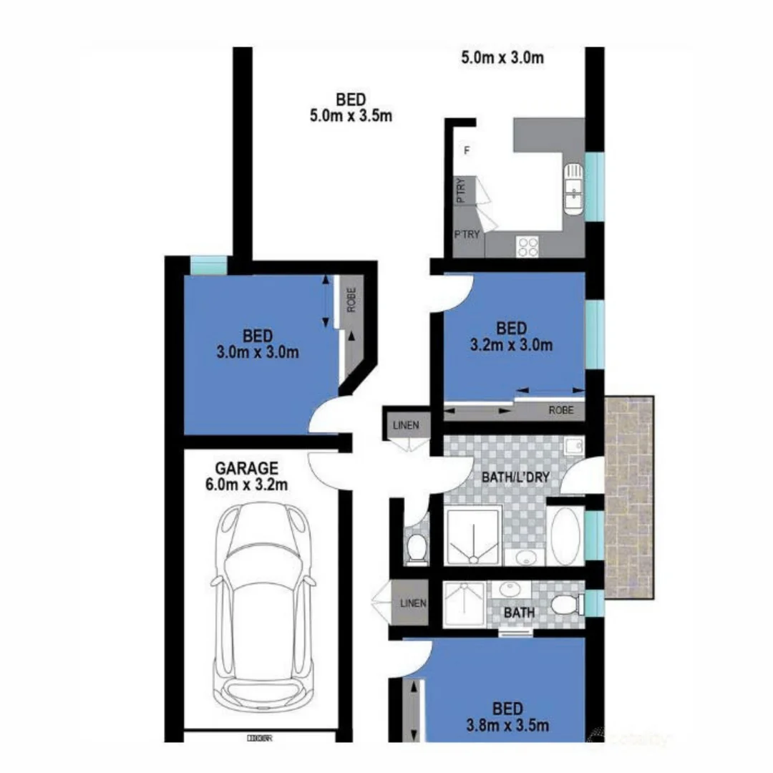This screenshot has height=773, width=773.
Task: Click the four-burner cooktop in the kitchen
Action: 528,246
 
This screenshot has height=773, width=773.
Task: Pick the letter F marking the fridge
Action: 467,150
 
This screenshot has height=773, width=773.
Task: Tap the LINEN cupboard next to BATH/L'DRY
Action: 407,425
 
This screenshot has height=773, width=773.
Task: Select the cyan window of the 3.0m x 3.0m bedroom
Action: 208,266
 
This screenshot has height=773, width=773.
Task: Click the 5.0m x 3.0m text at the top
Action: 501,58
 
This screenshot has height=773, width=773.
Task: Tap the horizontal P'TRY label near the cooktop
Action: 467,235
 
